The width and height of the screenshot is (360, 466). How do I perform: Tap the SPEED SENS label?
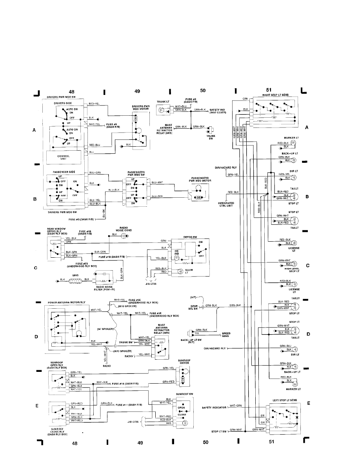226,335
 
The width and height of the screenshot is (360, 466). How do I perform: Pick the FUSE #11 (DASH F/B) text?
129,404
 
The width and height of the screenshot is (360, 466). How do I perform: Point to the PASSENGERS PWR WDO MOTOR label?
201,180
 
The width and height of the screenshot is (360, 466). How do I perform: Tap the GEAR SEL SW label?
194,307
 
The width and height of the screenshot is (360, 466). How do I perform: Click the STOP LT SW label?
220,431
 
